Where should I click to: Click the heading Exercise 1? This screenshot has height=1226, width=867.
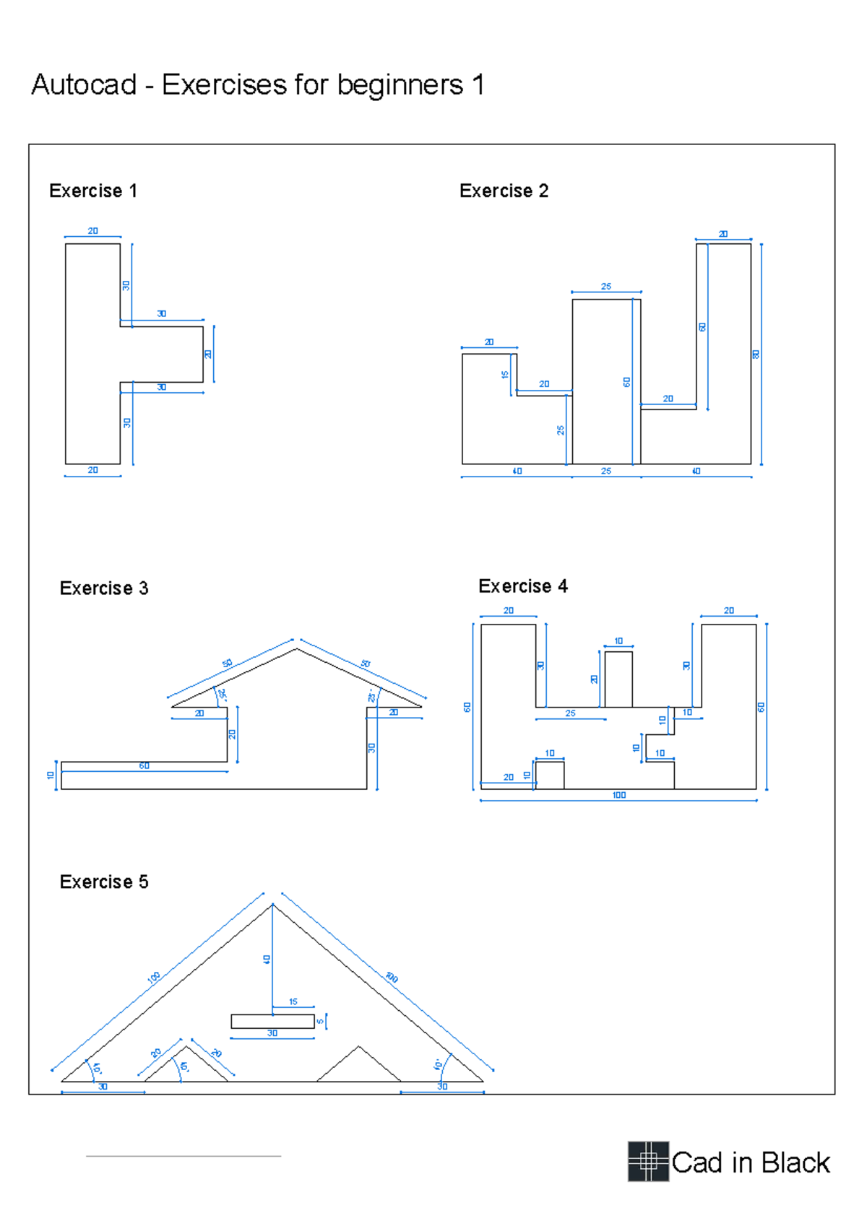click(x=92, y=191)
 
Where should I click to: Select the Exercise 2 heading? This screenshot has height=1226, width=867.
click(x=504, y=191)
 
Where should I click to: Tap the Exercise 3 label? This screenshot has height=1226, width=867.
click(x=103, y=588)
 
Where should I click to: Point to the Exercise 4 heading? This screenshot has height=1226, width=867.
click(x=522, y=586)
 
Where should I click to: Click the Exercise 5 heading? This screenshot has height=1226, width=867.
click(x=103, y=882)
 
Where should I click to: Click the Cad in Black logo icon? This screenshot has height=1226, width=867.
click(x=647, y=1161)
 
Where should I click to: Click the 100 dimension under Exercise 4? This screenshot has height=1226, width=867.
click(x=618, y=795)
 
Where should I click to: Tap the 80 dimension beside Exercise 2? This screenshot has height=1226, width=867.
click(x=756, y=355)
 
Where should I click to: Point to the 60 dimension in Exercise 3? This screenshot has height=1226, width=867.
click(x=144, y=765)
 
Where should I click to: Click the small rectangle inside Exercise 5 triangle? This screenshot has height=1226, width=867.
click(x=272, y=1021)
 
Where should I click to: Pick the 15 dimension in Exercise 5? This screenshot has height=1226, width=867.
click(x=293, y=1001)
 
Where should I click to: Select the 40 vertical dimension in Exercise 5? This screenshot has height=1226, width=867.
click(x=267, y=960)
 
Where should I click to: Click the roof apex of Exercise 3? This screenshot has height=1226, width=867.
click(x=296, y=649)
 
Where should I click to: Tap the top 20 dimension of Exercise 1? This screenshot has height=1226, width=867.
click(x=92, y=231)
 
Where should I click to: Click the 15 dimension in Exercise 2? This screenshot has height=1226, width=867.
click(x=505, y=375)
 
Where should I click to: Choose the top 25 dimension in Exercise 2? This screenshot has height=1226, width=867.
click(x=605, y=287)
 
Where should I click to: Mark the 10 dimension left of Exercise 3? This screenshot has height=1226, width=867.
click(x=51, y=775)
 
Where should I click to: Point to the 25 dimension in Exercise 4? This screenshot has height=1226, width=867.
click(x=570, y=713)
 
